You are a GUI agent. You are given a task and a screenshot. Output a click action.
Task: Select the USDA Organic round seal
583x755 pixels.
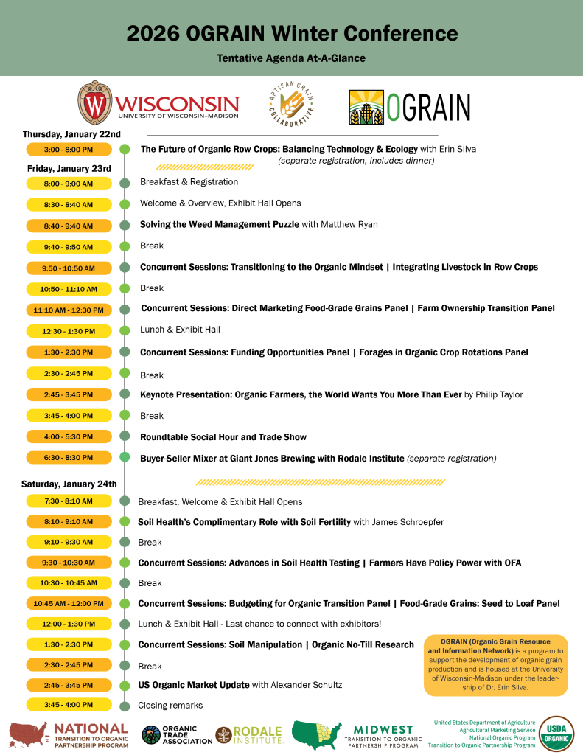click(556, 733)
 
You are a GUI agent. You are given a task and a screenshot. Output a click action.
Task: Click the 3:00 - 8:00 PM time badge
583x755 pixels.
click(69, 150)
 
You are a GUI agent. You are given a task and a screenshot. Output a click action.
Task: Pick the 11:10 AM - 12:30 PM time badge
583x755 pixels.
click(69, 310)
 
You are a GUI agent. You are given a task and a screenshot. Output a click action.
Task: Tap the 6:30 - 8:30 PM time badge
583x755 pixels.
click(69, 458)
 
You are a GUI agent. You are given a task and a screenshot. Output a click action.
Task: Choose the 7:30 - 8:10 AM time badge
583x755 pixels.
click(69, 501)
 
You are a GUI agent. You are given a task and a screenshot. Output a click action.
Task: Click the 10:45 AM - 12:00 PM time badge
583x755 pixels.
click(69, 604)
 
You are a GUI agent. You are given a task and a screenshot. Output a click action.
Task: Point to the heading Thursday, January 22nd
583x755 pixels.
click(71, 134)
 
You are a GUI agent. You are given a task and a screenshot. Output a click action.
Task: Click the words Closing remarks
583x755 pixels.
click(170, 706)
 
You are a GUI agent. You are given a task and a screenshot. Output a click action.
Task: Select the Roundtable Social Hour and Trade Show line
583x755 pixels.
click(223, 437)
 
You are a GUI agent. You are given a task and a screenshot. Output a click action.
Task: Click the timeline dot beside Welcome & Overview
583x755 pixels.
click(125, 204)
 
